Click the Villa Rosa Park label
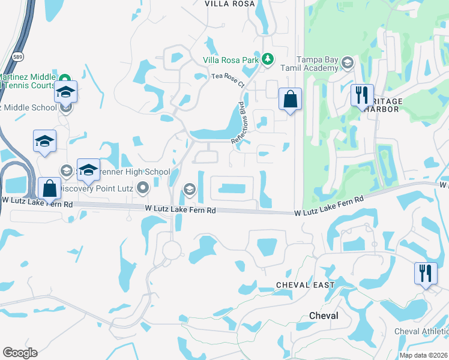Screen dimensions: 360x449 point(231,59)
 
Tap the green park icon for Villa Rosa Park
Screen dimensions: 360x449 point(268,59)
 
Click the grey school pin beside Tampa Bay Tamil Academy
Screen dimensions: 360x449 point(346,62)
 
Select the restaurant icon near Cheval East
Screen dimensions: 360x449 point(425,273)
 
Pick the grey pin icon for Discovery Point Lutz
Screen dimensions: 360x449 point(142,189)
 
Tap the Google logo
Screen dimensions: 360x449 point(20,352)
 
